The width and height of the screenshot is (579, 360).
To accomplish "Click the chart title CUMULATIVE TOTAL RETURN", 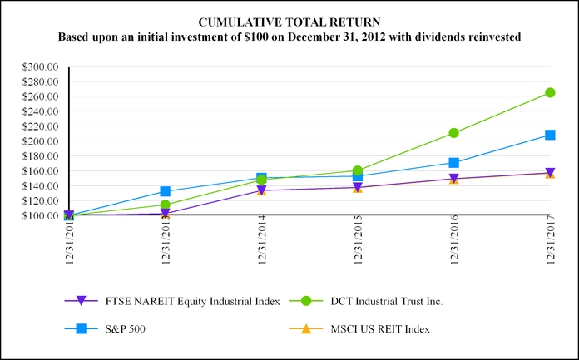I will [x=289, y=22].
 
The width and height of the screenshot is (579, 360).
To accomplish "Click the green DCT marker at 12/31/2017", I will [x=550, y=93].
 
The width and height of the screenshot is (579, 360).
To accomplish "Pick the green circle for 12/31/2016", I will [x=454, y=133].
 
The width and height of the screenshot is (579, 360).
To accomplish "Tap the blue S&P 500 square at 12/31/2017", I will [x=550, y=135].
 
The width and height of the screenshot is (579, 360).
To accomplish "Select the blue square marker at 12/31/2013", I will [x=166, y=192].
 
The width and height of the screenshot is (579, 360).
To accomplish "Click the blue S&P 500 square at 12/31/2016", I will [x=454, y=163].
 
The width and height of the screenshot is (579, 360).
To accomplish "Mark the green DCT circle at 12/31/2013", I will [x=166, y=205].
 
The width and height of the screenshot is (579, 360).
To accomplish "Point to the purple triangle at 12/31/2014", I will [x=261, y=190].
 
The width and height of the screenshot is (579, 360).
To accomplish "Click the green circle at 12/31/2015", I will [x=358, y=171].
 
